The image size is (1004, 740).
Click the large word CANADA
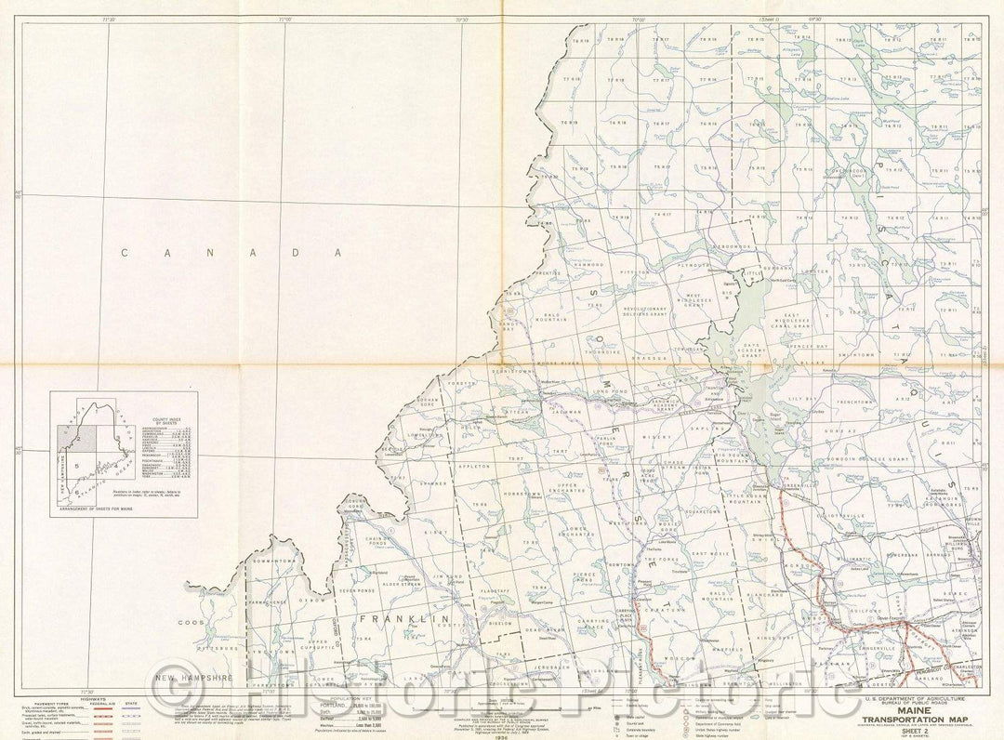[227, 252]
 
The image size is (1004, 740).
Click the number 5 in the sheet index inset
[77, 466]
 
